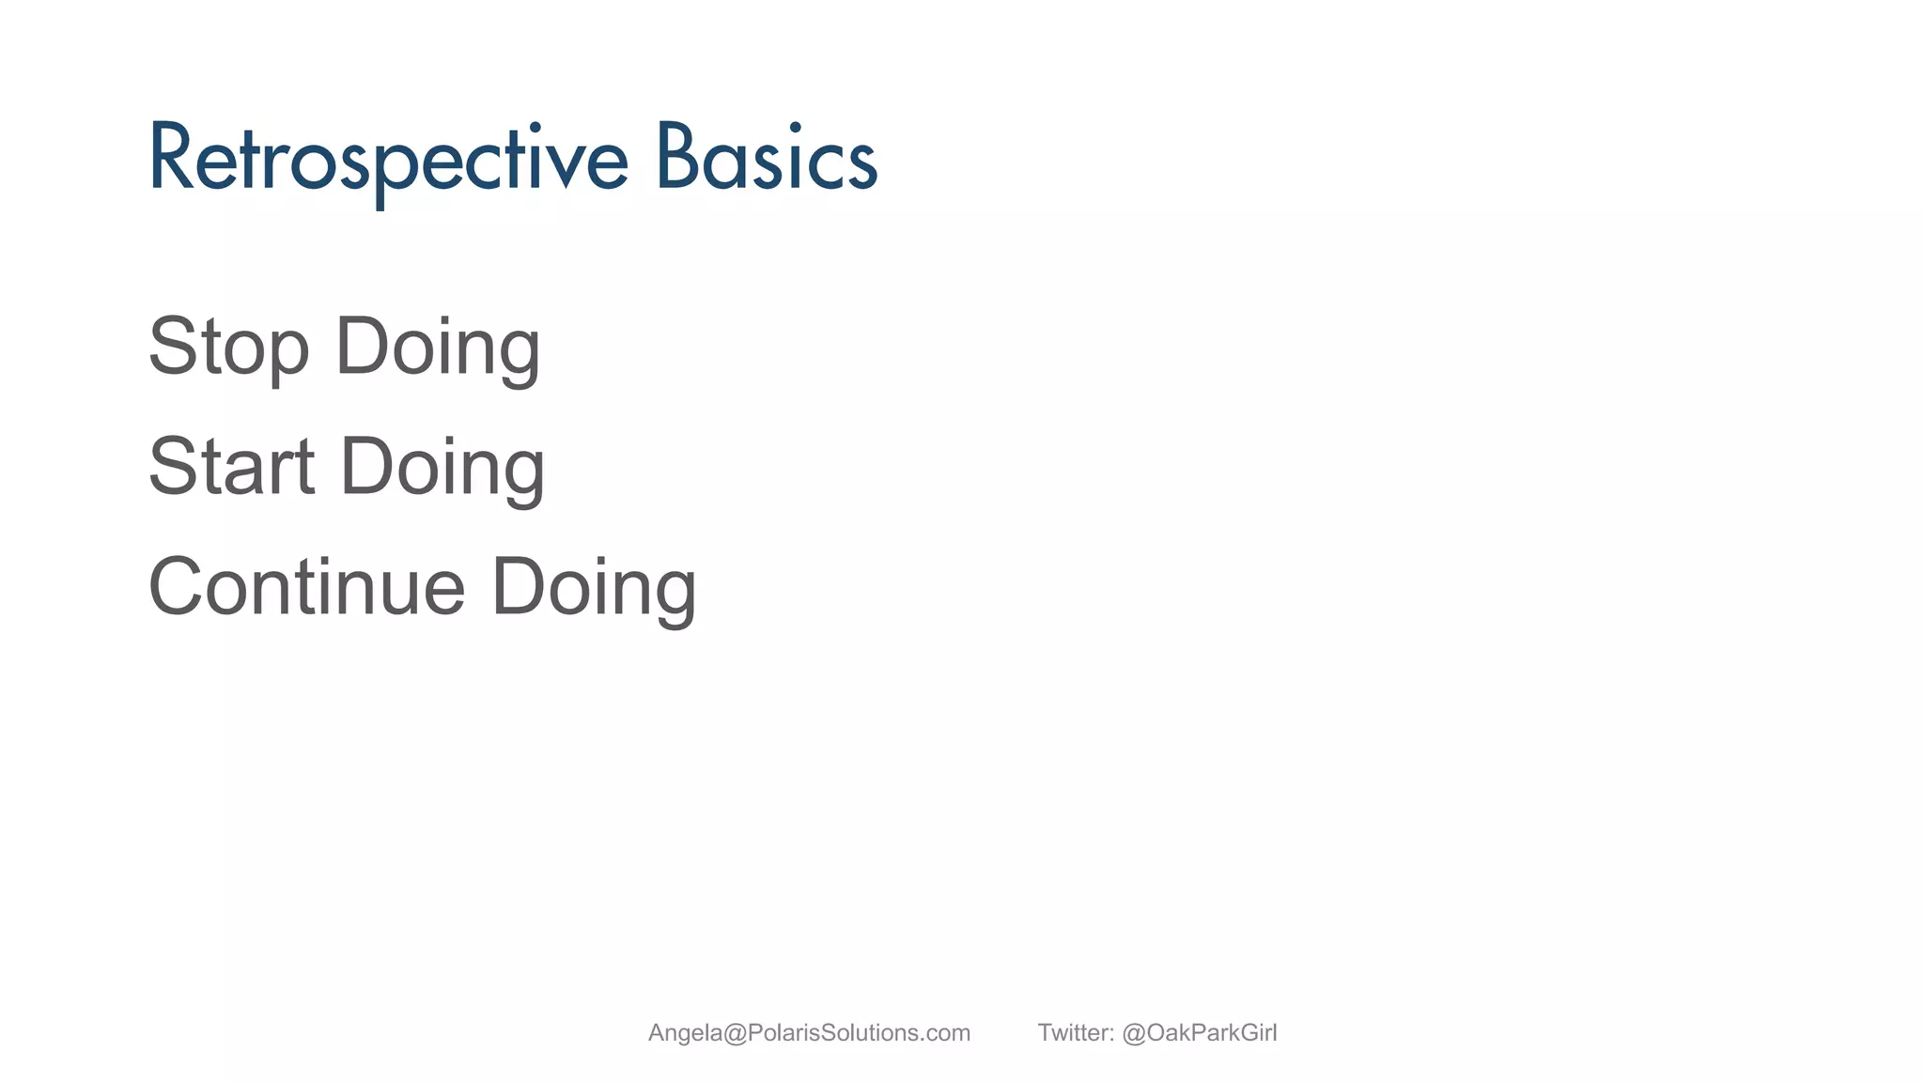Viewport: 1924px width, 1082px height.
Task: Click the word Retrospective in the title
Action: pos(387,160)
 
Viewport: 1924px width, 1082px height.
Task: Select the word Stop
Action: pos(228,348)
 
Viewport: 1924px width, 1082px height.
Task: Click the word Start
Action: pos(231,467)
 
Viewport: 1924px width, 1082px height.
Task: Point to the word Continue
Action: pos(306,588)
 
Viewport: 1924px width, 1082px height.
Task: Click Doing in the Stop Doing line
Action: pos(438,348)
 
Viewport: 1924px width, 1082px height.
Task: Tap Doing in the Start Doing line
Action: pos(442,467)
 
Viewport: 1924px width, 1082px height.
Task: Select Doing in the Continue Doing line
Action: pos(594,588)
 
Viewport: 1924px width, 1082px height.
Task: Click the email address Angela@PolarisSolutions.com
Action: pos(809,1033)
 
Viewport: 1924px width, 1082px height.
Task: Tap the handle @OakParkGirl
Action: pos(1199,1033)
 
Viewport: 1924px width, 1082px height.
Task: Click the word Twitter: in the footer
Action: pos(1075,1033)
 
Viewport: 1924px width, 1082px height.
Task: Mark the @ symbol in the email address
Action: pos(735,1033)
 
